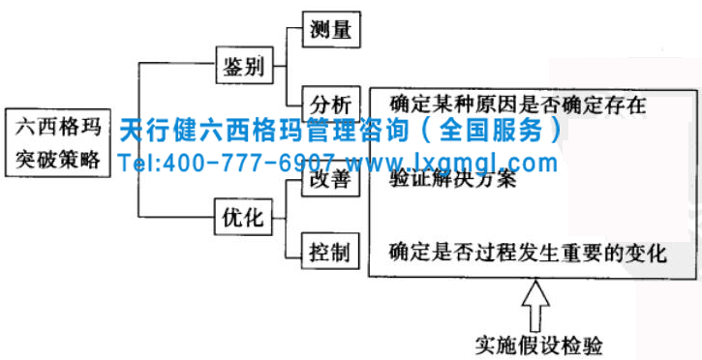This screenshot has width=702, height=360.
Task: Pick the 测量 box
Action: [x=331, y=30]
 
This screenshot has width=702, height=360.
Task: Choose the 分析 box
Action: [x=331, y=104]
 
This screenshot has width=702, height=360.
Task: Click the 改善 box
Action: [x=331, y=179]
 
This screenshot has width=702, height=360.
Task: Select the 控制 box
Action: [x=331, y=253]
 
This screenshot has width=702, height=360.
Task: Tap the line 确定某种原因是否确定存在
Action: [x=517, y=104]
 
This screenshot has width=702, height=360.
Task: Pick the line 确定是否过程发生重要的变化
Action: [x=528, y=254]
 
